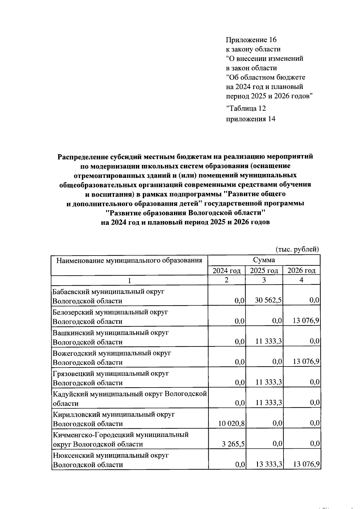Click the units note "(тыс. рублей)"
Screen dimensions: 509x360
coord(297,249)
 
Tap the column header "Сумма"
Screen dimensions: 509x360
coord(264,260)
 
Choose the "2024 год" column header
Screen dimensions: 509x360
coord(226,271)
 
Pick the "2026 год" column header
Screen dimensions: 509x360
coord(301,271)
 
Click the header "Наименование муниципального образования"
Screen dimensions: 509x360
coord(129,260)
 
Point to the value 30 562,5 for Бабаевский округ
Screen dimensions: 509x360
coord(268,301)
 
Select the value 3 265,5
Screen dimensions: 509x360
coord(233,444)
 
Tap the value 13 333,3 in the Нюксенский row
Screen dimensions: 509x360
coord(268,465)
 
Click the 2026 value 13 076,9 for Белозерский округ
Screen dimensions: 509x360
coord(306,321)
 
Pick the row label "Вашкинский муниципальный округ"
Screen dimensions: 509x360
coord(110,333)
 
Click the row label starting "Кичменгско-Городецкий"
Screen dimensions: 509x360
coord(121,435)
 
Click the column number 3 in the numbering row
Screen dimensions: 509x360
coord(264,280)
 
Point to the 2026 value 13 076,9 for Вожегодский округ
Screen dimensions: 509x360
coord(306,362)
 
